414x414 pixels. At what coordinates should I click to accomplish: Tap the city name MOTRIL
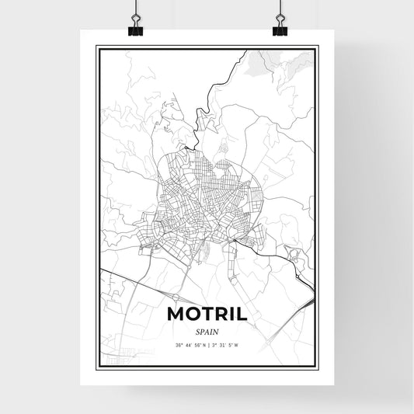[x=207, y=315]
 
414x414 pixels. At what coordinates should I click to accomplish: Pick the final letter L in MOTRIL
[x=241, y=315]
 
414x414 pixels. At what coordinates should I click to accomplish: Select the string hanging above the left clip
[x=134, y=9]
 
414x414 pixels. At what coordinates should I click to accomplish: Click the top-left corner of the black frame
[x=97, y=47]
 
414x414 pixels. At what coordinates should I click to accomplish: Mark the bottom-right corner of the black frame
[x=316, y=369]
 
